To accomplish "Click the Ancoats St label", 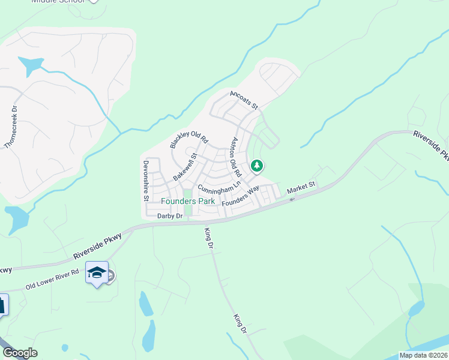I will [x=244, y=100].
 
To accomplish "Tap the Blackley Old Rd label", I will [x=188, y=140].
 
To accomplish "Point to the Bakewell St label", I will [x=185, y=167].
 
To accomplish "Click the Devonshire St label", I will [x=146, y=179].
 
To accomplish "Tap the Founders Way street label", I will [x=240, y=196].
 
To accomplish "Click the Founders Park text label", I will [x=188, y=202].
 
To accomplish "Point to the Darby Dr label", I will [x=169, y=216].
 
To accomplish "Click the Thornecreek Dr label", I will [x=11, y=128].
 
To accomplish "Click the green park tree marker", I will [x=257, y=166].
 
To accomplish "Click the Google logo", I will [x=19, y=353].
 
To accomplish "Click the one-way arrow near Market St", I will [x=292, y=199].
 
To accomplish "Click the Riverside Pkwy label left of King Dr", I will [x=97, y=247].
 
